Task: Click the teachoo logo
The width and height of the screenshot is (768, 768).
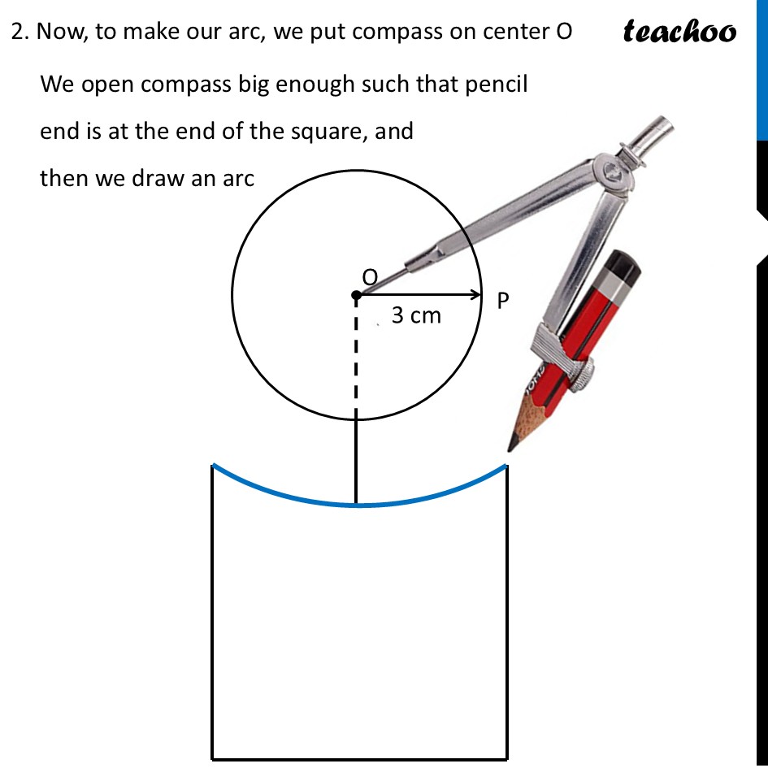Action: tap(679, 32)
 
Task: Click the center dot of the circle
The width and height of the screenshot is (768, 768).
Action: tap(356, 296)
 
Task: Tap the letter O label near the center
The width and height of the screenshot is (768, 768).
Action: tap(370, 277)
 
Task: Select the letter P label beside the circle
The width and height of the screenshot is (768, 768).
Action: tap(503, 302)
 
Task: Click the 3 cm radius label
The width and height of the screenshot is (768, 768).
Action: tap(416, 315)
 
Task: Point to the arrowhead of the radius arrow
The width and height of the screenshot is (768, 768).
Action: tap(476, 296)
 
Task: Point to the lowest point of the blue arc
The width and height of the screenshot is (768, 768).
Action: tap(356, 505)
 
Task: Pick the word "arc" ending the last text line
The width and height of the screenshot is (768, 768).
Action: tap(238, 177)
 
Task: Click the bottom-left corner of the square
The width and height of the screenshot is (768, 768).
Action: tap(213, 758)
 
